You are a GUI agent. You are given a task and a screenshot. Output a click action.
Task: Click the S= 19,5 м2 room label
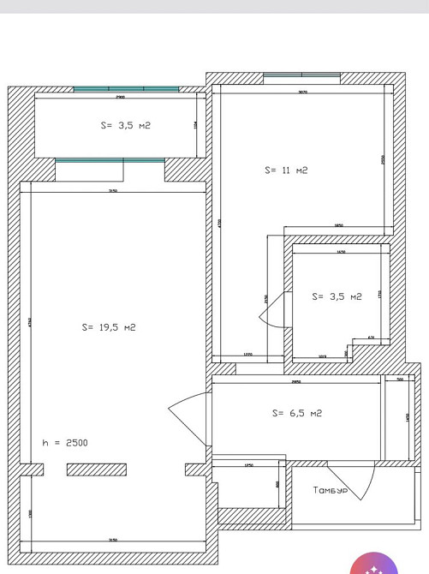pos(109,327)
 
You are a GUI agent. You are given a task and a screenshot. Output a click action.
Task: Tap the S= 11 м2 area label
pos(286,170)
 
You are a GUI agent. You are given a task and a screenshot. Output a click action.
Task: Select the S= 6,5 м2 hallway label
pos(296,413)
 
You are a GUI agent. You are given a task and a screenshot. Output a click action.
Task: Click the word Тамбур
pos(331,491)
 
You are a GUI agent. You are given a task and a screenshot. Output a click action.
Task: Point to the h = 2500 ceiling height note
pos(65,443)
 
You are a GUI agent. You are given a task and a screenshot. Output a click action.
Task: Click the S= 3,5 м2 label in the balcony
pos(125,125)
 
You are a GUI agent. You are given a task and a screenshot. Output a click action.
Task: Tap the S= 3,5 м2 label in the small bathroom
pos(337,296)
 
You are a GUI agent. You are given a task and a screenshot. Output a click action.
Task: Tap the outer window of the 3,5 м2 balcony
pos(126,88)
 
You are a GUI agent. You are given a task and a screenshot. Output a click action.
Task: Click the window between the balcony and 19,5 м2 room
pos(110,159)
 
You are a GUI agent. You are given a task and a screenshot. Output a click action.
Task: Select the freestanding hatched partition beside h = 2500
pos(97,469)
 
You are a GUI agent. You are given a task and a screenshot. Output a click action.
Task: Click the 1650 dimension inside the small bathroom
pos(341,253)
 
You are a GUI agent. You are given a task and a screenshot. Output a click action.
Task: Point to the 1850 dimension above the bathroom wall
pos(338,225)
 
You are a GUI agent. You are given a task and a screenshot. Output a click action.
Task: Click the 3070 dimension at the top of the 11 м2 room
pos(302,92)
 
